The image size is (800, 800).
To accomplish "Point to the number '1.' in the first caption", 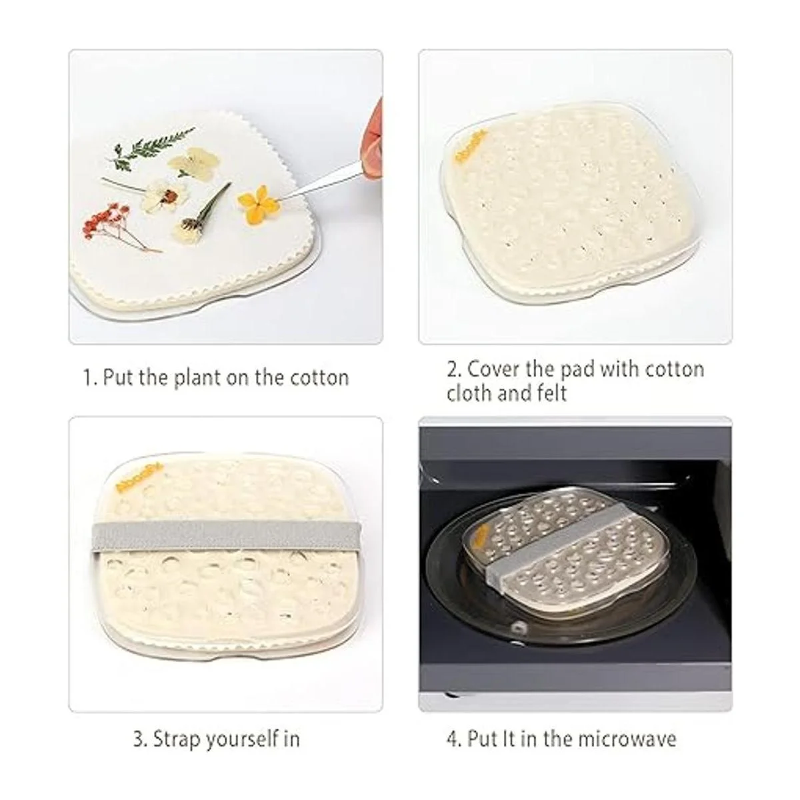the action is point(90,378).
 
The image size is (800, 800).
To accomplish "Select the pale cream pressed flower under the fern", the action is point(194,163).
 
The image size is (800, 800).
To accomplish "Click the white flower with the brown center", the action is point(163,195).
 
